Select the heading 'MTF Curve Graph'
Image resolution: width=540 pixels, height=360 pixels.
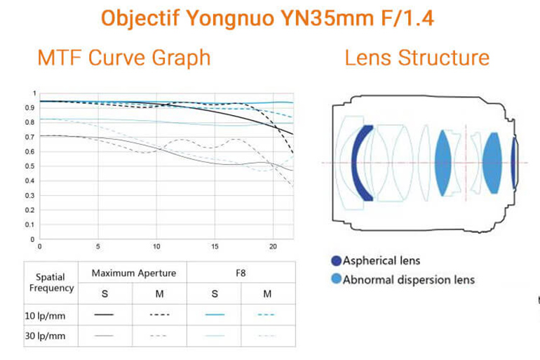click(x=123, y=57)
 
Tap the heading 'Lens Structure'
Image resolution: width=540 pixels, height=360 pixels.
click(x=417, y=57)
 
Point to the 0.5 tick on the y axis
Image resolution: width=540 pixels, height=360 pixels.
click(x=29, y=166)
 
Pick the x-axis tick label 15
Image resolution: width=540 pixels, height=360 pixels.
click(x=215, y=247)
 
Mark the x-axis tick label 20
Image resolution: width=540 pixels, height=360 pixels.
click(x=273, y=247)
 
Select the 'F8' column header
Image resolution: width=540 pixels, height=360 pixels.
click(x=241, y=272)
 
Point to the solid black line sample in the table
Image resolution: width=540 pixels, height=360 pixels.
click(x=104, y=314)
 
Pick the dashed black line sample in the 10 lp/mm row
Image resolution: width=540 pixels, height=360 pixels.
click(x=159, y=314)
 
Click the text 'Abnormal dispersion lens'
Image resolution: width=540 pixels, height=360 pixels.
click(x=408, y=280)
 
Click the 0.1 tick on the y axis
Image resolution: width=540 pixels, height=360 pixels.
click(x=29, y=225)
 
